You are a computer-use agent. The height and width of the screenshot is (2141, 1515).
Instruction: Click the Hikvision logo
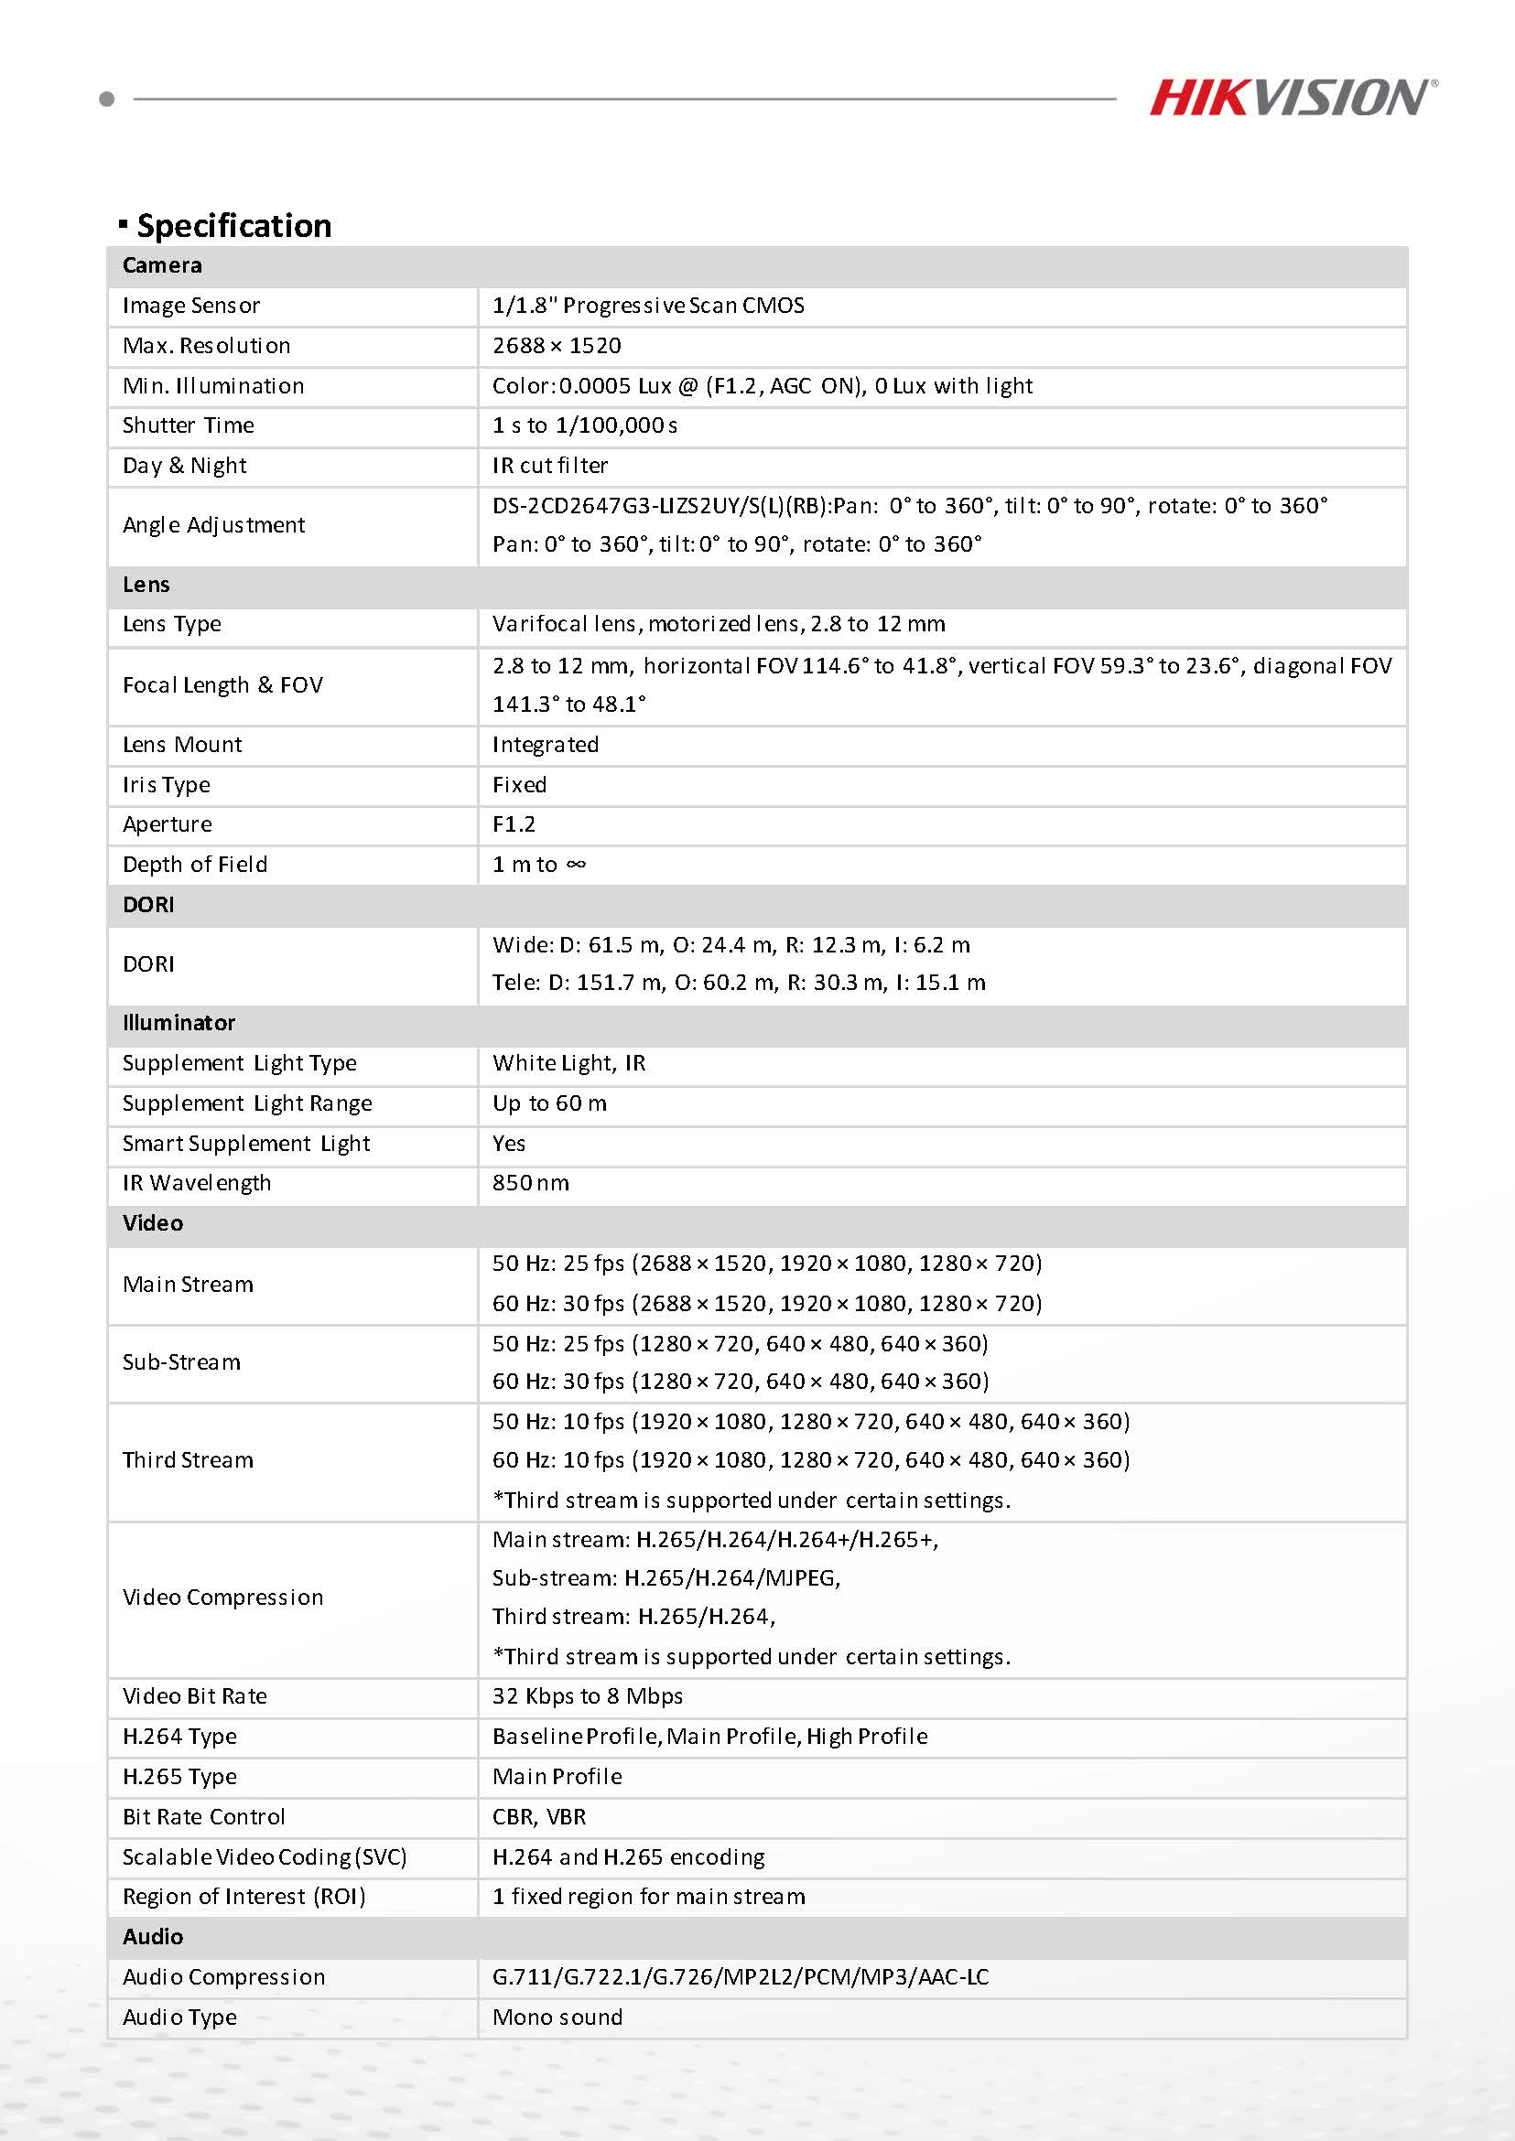tap(1292, 98)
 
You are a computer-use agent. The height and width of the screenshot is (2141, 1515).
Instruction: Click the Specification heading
tap(233, 226)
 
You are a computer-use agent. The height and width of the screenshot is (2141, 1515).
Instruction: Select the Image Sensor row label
tap(191, 306)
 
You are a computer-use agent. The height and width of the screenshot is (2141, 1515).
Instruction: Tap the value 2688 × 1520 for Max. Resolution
tap(557, 346)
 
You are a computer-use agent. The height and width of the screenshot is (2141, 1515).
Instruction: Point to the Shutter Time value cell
tap(585, 426)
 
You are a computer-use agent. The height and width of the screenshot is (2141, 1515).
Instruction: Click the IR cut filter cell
tap(550, 466)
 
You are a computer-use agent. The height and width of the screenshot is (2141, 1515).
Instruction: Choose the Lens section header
tap(146, 585)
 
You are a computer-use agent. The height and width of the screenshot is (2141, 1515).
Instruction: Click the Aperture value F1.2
tap(514, 824)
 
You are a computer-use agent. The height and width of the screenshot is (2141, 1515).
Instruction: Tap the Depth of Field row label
tap(195, 865)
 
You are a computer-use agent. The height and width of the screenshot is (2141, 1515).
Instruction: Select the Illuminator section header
tap(179, 1023)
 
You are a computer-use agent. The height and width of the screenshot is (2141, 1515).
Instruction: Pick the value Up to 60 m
tap(549, 1103)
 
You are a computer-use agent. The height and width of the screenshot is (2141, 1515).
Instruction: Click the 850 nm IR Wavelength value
tap(531, 1183)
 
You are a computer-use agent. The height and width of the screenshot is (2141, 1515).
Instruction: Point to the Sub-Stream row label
tap(182, 1362)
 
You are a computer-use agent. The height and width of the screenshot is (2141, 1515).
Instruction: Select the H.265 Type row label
tap(180, 1777)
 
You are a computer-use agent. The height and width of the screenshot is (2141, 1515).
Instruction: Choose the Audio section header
tap(153, 1937)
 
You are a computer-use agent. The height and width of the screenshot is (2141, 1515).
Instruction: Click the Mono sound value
tap(557, 2017)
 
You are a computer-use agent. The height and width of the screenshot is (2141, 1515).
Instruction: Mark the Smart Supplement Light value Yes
tap(509, 1143)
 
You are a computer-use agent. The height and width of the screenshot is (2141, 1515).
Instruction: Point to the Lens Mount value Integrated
tap(546, 745)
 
